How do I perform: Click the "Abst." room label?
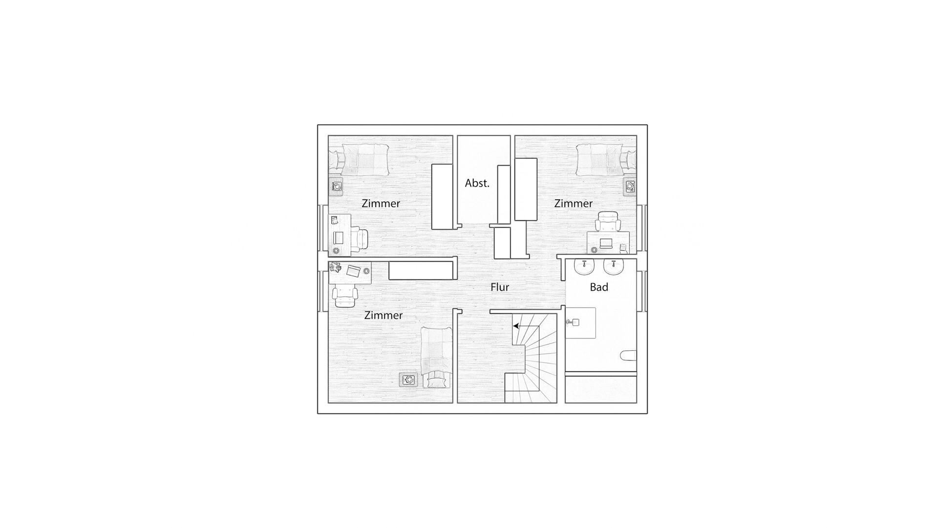[x=477, y=183]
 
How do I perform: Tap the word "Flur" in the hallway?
[x=500, y=287]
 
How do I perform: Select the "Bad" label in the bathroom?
[x=599, y=287]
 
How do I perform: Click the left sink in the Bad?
[x=584, y=267]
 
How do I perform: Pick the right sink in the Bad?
[x=613, y=267]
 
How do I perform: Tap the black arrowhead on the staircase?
[x=516, y=326]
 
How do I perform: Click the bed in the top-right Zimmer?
[x=606, y=159]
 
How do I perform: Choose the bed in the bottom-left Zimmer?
[x=436, y=358]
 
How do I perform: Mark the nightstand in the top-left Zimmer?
[x=336, y=186]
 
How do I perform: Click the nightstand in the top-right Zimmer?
[x=630, y=186]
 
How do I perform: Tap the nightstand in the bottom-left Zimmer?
[x=408, y=379]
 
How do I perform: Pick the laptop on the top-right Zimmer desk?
[x=606, y=243]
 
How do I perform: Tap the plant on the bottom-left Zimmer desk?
[x=335, y=267]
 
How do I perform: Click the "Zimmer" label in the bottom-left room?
[x=384, y=316]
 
